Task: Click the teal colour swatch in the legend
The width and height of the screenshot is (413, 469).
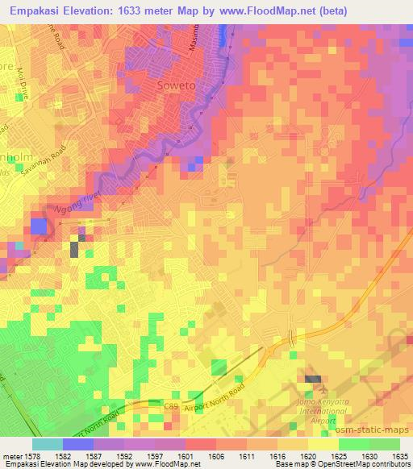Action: (48, 444)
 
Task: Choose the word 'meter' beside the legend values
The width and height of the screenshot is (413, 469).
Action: (12, 456)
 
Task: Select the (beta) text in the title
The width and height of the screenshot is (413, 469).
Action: (387, 11)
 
